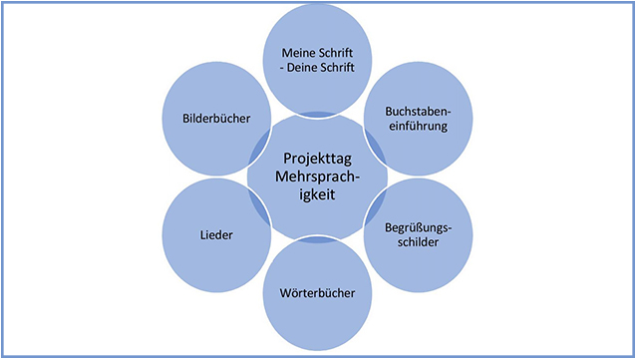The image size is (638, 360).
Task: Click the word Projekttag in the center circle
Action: point(318,159)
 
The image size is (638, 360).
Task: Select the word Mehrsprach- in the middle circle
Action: point(318,178)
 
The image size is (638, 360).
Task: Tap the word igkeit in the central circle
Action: point(318,196)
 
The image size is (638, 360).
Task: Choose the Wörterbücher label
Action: point(318,293)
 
